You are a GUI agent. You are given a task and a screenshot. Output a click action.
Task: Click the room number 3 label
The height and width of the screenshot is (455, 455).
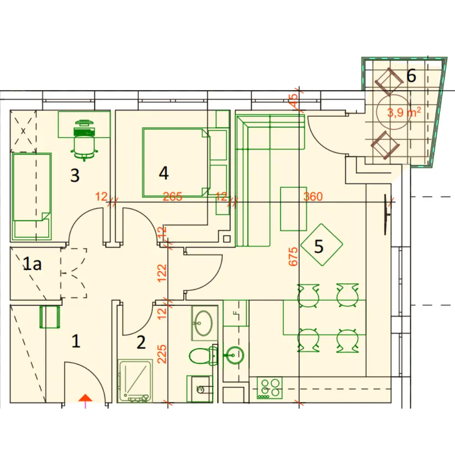pos(75,175)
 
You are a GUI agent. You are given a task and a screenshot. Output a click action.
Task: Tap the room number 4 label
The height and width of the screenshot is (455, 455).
pos(164,173)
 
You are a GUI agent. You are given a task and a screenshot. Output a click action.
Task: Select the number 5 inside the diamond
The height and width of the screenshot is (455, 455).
pos(318,246)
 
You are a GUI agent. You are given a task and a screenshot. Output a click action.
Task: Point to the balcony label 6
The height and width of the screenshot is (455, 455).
pos(411,76)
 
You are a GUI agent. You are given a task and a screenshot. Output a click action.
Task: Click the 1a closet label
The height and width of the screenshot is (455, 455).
pos(32,264)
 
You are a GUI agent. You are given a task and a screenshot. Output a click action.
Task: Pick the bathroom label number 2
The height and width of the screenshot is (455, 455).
pos(141,343)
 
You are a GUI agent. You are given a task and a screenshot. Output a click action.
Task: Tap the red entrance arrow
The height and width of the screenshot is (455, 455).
pos(86,398)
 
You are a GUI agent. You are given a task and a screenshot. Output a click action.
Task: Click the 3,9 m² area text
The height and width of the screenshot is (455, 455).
pos(404,112)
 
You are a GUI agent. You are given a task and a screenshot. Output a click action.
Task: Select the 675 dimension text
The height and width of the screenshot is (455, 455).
pos(293,257)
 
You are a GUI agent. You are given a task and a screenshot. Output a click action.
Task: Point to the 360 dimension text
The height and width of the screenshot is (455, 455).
pos(313,197)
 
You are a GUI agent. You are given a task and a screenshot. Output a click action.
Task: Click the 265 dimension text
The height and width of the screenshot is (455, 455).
pos(172,197)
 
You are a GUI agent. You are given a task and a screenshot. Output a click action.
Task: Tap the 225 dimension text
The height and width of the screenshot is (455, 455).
pos(162,354)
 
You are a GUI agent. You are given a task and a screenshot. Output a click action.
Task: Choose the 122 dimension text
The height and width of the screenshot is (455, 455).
pos(162,273)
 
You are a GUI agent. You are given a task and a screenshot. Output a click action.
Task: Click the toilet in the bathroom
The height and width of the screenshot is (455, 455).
pos(203,356)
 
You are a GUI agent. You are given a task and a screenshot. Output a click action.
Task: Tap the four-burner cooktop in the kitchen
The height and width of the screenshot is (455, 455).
pos(269,388)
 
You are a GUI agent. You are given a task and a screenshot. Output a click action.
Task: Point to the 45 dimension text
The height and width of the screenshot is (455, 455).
pos(293,100)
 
